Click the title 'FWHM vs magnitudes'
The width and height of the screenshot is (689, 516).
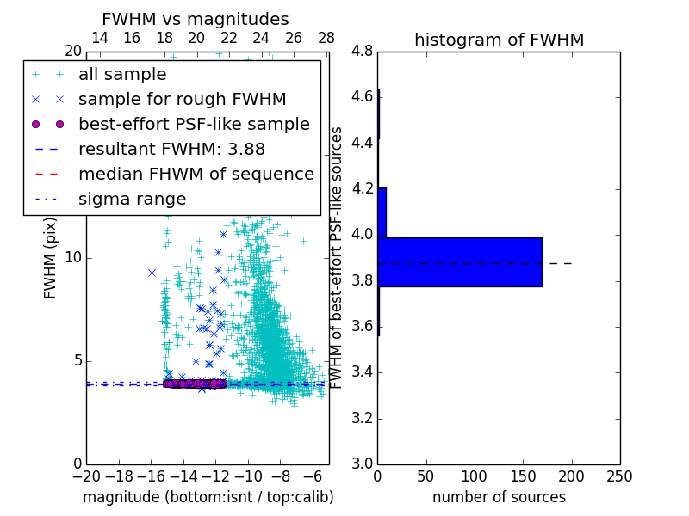pos(196,19)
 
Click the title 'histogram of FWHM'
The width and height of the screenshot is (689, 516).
pos(499,40)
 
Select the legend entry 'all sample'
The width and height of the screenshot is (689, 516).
pos(122,74)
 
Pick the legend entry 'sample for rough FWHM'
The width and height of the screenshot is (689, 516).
pos(183,99)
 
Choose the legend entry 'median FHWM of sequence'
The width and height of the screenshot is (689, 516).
pos(196,174)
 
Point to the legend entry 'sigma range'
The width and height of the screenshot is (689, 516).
pos(132,199)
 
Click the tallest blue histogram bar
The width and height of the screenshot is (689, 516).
pos(460,262)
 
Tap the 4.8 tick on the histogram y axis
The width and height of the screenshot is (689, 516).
pos(363,52)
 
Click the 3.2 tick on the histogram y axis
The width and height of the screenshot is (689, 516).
pos(363,418)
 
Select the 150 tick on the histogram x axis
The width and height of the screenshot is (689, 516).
pos(523,476)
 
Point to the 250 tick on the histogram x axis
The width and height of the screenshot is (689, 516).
pos(619,476)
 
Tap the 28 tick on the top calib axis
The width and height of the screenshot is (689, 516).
pos(326,38)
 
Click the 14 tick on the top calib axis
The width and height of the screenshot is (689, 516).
pos(100,38)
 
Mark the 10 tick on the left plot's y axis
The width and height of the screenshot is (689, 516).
pos(72,258)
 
